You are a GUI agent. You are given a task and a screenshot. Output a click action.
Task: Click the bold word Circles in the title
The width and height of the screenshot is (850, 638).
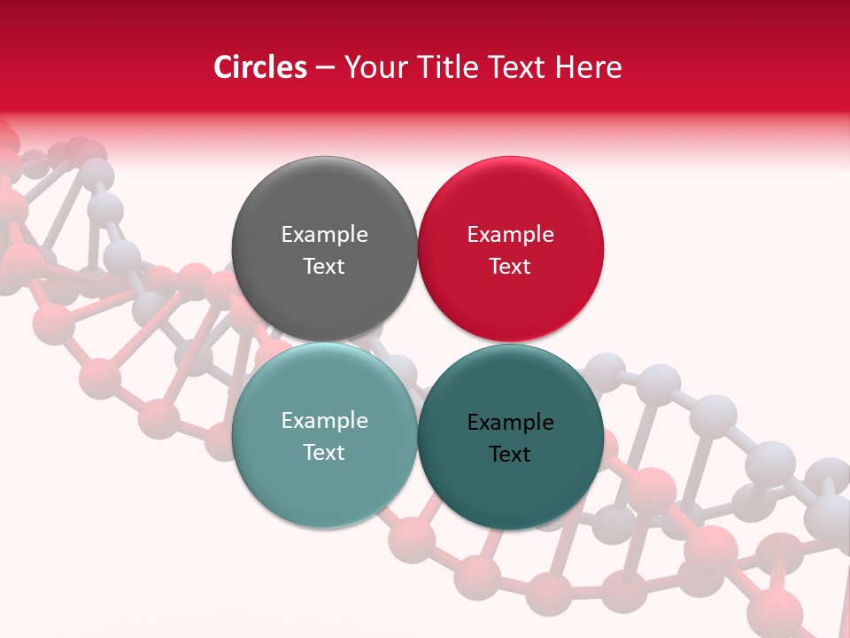(259, 67)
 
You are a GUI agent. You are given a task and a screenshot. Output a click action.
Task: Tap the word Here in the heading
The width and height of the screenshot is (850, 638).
(589, 67)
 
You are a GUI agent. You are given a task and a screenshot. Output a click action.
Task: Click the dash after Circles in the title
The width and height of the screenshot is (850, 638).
(325, 68)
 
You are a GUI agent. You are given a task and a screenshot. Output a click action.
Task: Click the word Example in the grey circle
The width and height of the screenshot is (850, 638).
(324, 235)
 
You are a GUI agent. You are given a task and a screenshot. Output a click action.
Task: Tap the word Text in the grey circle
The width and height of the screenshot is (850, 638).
(324, 266)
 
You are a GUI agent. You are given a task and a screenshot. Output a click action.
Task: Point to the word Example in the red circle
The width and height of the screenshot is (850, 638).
(510, 235)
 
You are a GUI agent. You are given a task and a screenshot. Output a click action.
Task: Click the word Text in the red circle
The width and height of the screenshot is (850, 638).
(510, 266)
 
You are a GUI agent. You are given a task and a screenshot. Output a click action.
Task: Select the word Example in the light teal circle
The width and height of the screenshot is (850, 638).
(324, 421)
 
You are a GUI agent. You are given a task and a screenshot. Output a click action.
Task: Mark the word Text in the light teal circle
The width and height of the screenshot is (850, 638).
(324, 452)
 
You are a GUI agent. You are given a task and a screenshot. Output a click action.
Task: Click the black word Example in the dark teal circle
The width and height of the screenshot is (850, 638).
(510, 423)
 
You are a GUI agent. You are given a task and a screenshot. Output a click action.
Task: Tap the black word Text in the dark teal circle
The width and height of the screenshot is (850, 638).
(510, 455)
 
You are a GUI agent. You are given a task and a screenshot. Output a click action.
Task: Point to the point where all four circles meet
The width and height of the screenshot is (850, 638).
(417, 342)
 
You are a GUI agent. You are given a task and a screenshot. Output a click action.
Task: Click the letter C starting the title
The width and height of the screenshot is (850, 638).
(223, 67)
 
